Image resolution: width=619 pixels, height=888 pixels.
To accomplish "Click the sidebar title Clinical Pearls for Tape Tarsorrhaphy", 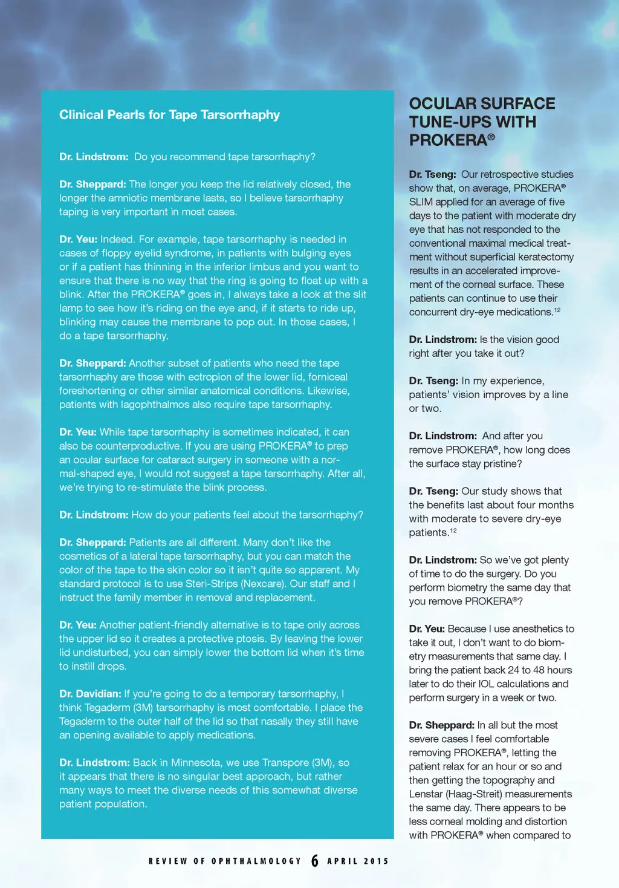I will click(169, 115).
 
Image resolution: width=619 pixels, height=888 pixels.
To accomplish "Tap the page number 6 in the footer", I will click(315, 861).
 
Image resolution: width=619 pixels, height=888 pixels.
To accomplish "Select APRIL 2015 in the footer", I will click(358, 861).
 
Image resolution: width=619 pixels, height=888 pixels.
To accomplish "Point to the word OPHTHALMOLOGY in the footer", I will click(256, 861).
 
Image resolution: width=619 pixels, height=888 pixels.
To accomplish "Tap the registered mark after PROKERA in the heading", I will click(491, 137).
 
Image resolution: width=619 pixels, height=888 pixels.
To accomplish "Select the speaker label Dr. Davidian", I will click(90, 694).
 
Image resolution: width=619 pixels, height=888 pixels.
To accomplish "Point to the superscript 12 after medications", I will click(557, 310).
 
